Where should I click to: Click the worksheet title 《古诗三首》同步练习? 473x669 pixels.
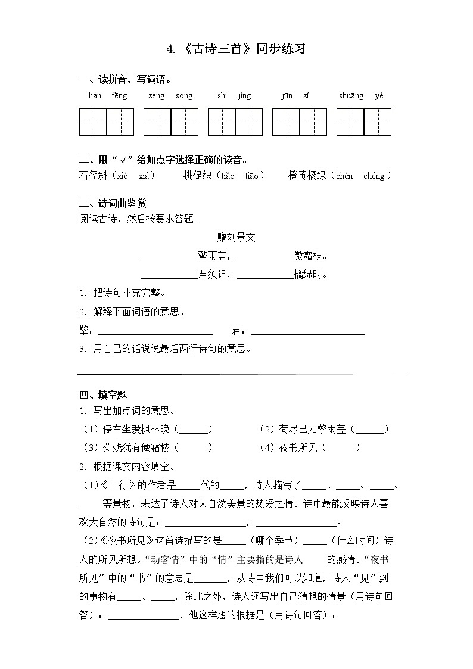pyautogui.click(x=236, y=49)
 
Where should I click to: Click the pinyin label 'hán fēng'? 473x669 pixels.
pyautogui.click(x=107, y=96)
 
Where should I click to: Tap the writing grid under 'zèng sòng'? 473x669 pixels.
pyautogui.click(x=171, y=122)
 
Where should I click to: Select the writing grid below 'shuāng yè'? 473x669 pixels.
pyautogui.click(x=364, y=122)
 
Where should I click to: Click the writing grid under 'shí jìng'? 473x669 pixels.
pyautogui.click(x=235, y=122)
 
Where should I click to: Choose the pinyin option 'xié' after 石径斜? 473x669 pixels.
pyautogui.click(x=122, y=176)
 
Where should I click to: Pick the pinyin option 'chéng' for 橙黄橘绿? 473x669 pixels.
pyautogui.click(x=374, y=176)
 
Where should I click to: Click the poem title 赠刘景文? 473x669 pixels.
pyautogui.click(x=236, y=237)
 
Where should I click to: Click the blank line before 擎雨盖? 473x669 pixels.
pyautogui.click(x=169, y=259)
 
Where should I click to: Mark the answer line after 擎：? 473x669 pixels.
pyautogui.click(x=155, y=332)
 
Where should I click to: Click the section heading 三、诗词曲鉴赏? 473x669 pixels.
pyautogui.click(x=113, y=203)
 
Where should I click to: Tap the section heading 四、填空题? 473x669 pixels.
pyautogui.click(x=103, y=395)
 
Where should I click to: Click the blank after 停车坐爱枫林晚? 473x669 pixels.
pyautogui.click(x=195, y=430)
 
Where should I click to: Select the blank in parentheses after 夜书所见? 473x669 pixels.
pyautogui.click(x=343, y=448)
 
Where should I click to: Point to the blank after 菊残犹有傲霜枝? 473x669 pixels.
pyautogui.click(x=195, y=448)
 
